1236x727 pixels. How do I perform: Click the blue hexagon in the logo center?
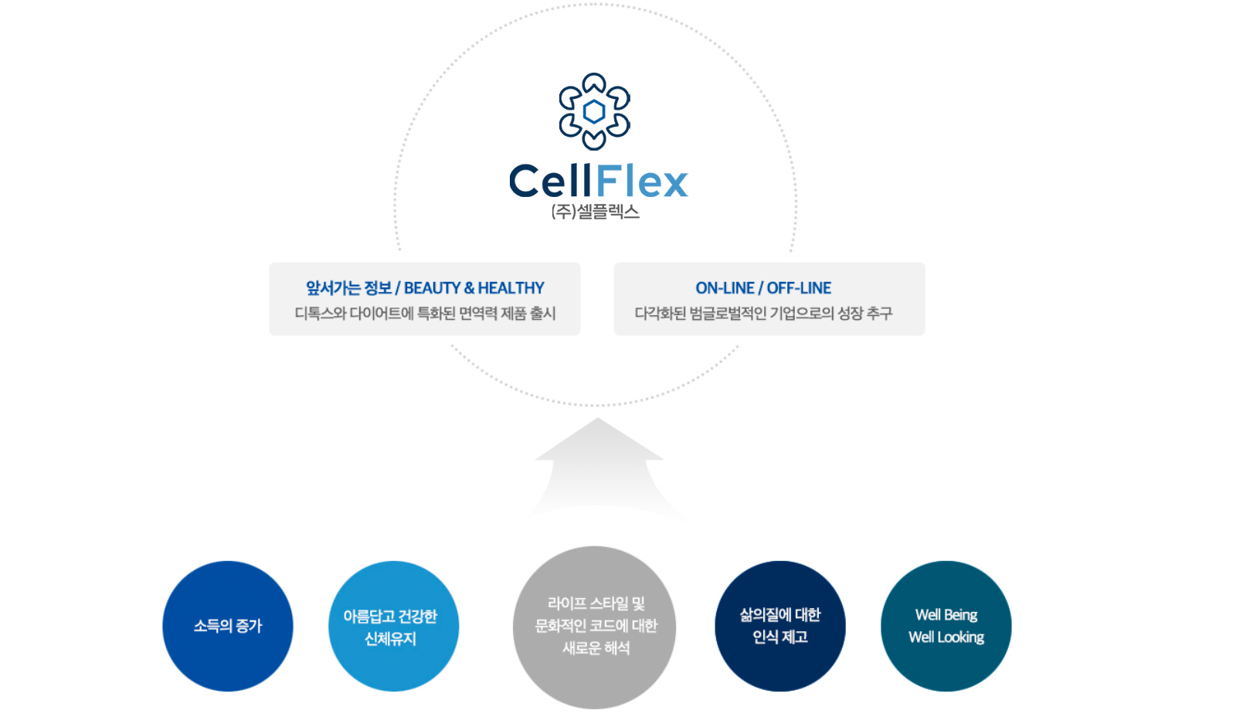pos(594,112)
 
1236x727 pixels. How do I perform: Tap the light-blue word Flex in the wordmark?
pos(642,180)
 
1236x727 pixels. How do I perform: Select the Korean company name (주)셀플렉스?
pos(596,212)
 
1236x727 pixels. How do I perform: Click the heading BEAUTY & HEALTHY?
pos(474,288)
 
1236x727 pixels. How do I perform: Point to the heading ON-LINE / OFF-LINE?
pos(763,288)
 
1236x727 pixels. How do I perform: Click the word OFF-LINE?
pos(799,288)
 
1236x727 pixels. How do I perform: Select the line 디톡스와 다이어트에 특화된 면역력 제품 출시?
pos(425,314)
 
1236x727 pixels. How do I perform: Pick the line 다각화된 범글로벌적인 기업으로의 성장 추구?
pos(763,314)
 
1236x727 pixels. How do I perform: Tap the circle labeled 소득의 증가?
pos(228,626)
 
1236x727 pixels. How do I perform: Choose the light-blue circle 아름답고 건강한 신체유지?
pos(393,626)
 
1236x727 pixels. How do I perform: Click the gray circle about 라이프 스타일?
pos(594,627)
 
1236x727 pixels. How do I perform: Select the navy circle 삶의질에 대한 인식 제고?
pos(780,626)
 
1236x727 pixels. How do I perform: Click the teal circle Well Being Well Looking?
pos(946,626)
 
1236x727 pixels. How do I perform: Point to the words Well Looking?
pos(946,637)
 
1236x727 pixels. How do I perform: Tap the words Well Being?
pos(946,615)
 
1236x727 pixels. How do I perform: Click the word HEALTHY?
pos(511,288)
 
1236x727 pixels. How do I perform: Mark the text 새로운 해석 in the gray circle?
pos(596,648)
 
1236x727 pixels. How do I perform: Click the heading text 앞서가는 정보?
pos(348,288)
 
